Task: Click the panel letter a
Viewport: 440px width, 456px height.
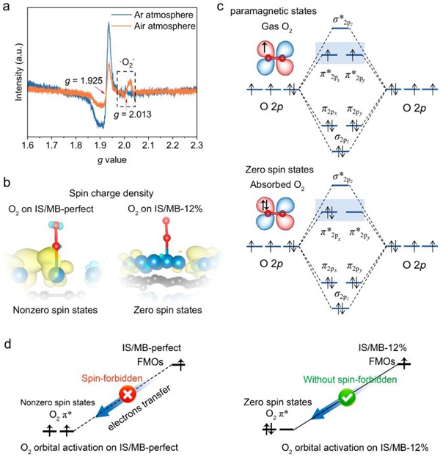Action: tap(7, 7)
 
